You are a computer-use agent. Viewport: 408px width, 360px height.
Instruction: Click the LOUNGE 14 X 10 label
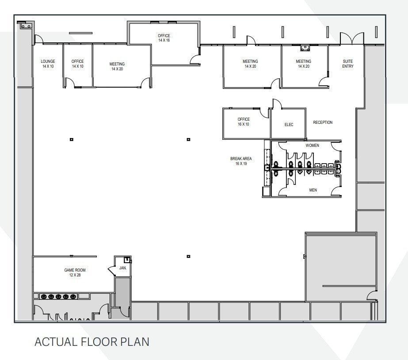tap(48, 64)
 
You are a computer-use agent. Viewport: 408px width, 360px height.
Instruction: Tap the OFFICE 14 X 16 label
tap(164, 38)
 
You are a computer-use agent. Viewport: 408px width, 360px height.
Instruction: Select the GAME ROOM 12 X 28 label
tap(75, 272)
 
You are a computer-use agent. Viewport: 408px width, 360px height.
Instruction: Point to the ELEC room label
tap(289, 125)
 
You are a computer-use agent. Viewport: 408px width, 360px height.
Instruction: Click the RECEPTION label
tap(323, 123)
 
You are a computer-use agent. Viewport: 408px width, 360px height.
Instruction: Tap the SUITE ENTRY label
tap(348, 64)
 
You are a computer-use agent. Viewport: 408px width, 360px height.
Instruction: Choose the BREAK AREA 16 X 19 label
tap(241, 161)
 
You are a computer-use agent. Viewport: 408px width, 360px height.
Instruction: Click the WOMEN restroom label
tap(312, 146)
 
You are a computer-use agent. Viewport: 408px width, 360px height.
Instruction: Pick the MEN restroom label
tap(313, 190)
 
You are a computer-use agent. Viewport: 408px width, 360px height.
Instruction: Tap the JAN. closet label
tap(123, 268)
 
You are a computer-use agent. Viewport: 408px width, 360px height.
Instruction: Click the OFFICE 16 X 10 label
tap(244, 122)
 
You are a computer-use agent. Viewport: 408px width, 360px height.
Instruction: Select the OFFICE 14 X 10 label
tap(77, 64)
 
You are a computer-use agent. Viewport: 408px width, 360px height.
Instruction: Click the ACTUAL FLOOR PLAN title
tap(92, 342)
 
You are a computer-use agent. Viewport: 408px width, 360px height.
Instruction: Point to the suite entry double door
tap(352, 38)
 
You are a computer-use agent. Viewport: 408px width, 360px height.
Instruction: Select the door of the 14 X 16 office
tap(194, 59)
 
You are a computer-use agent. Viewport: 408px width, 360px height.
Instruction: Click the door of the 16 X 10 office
tap(265, 113)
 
